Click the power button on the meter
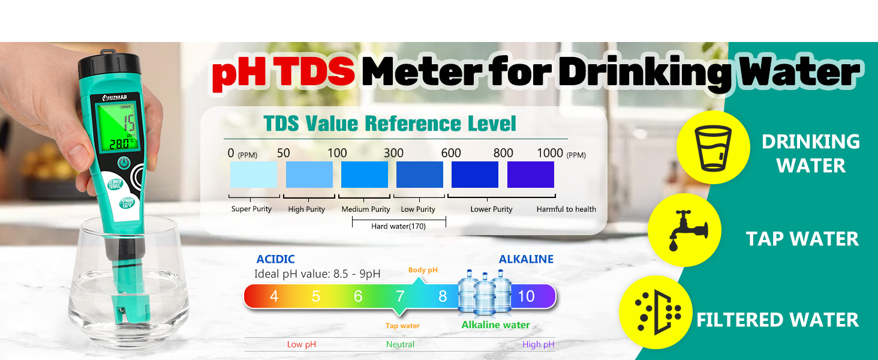(x=124, y=163)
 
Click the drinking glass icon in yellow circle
(x=713, y=147)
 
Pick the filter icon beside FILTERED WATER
(x=658, y=312)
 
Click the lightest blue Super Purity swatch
(x=253, y=175)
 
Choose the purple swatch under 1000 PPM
(x=530, y=175)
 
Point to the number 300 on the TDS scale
(x=393, y=153)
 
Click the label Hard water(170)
(x=398, y=226)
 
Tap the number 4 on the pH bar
(x=274, y=296)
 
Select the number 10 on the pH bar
(x=526, y=296)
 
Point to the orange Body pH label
(x=423, y=270)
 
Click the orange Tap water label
(x=402, y=326)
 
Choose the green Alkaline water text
(x=495, y=325)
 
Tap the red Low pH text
(x=301, y=344)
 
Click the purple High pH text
(x=539, y=344)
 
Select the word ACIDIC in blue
(x=275, y=259)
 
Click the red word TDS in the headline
(x=318, y=72)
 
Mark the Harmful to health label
(x=566, y=209)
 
